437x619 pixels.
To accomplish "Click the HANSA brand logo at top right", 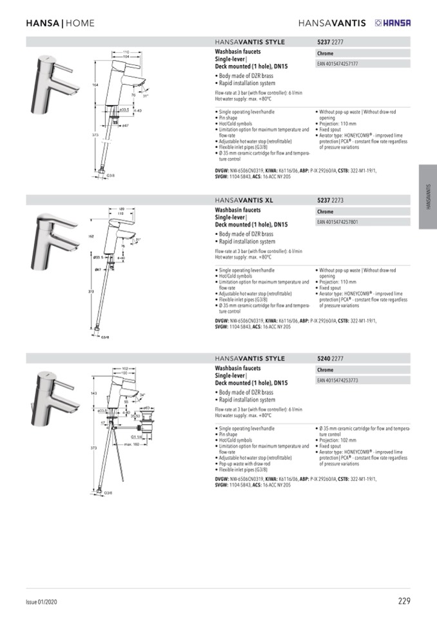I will [392, 23].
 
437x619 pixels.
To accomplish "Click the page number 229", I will [403, 601].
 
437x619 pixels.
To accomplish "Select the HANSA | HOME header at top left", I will [60, 23].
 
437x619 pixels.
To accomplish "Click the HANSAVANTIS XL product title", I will [244, 200].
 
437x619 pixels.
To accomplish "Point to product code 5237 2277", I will [330, 42].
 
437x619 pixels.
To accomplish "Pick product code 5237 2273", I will [330, 200].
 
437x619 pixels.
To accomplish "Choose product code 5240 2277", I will [330, 358].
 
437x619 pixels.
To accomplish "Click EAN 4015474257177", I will [338, 64].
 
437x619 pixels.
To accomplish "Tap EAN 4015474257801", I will [338, 222].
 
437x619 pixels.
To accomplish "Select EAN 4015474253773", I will [338, 380].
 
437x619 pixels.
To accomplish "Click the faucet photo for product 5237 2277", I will [56, 81].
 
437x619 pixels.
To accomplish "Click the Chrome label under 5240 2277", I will [325, 370].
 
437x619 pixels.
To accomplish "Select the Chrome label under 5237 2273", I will [325, 212].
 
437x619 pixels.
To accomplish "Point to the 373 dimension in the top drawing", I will [93, 135].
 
